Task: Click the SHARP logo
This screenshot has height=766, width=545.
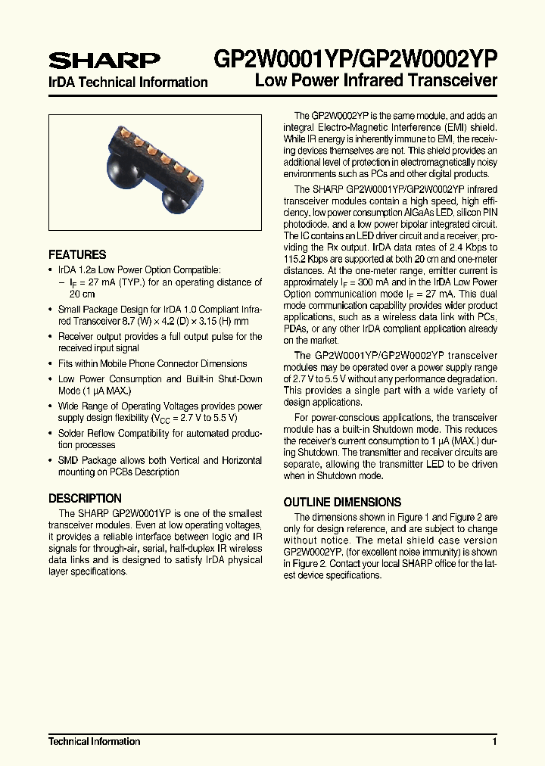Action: (104, 60)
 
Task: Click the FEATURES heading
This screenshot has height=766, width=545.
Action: (77, 255)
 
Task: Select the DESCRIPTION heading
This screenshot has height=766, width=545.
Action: (85, 499)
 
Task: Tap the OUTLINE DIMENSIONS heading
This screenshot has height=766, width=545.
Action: (342, 503)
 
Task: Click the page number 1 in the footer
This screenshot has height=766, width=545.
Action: (494, 742)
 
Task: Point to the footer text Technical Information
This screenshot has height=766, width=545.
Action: (95, 742)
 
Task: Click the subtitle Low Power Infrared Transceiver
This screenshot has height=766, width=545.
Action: (376, 80)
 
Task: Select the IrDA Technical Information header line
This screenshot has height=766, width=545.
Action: (128, 83)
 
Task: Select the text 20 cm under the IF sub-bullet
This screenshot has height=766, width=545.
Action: (82, 294)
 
